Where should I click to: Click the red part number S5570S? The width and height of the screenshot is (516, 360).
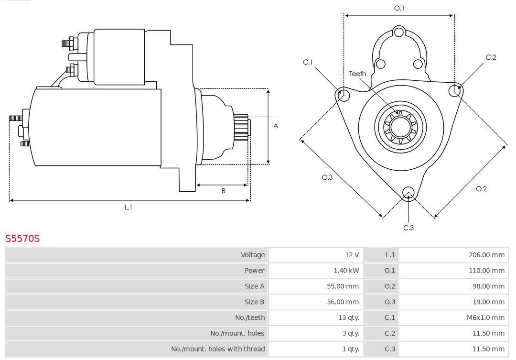coord(22,238)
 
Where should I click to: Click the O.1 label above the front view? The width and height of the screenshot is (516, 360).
coord(399,8)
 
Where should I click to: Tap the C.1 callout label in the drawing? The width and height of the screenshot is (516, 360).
coord(308,62)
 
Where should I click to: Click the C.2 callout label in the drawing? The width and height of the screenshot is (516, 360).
coord(491,57)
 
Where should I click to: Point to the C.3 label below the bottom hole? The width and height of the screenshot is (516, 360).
coord(408,228)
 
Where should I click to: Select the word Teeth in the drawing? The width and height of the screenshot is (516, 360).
coord(357,74)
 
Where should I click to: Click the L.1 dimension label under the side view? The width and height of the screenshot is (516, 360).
coord(129,207)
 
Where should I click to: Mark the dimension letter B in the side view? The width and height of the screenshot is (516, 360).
coord(223,191)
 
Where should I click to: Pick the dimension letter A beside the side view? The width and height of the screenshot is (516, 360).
coord(276,126)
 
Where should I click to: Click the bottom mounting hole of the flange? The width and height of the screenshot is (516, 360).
coord(408,193)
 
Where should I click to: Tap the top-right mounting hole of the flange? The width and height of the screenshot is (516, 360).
coord(454,90)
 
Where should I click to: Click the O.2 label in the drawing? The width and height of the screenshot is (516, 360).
coord(481,189)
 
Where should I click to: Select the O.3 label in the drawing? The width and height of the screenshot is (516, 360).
coord(327,177)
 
